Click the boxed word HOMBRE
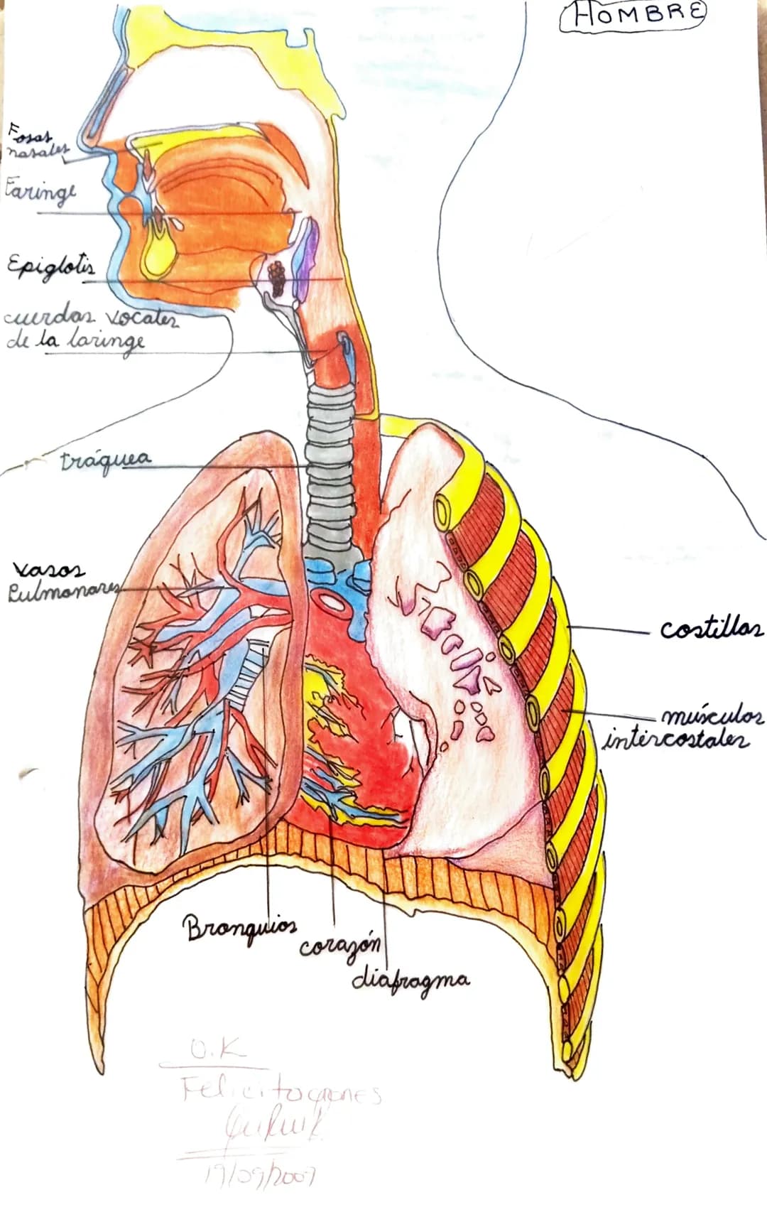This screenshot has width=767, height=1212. point(633,16)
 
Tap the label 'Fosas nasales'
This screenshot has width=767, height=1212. point(37,141)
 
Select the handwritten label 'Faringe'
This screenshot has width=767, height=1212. point(40,192)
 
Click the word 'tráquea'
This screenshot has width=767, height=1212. point(106,459)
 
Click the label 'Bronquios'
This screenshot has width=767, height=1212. point(239,926)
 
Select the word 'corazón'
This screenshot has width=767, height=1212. point(339,946)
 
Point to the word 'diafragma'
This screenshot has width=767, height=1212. point(410,980)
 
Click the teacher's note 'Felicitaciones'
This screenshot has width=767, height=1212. point(281,1091)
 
